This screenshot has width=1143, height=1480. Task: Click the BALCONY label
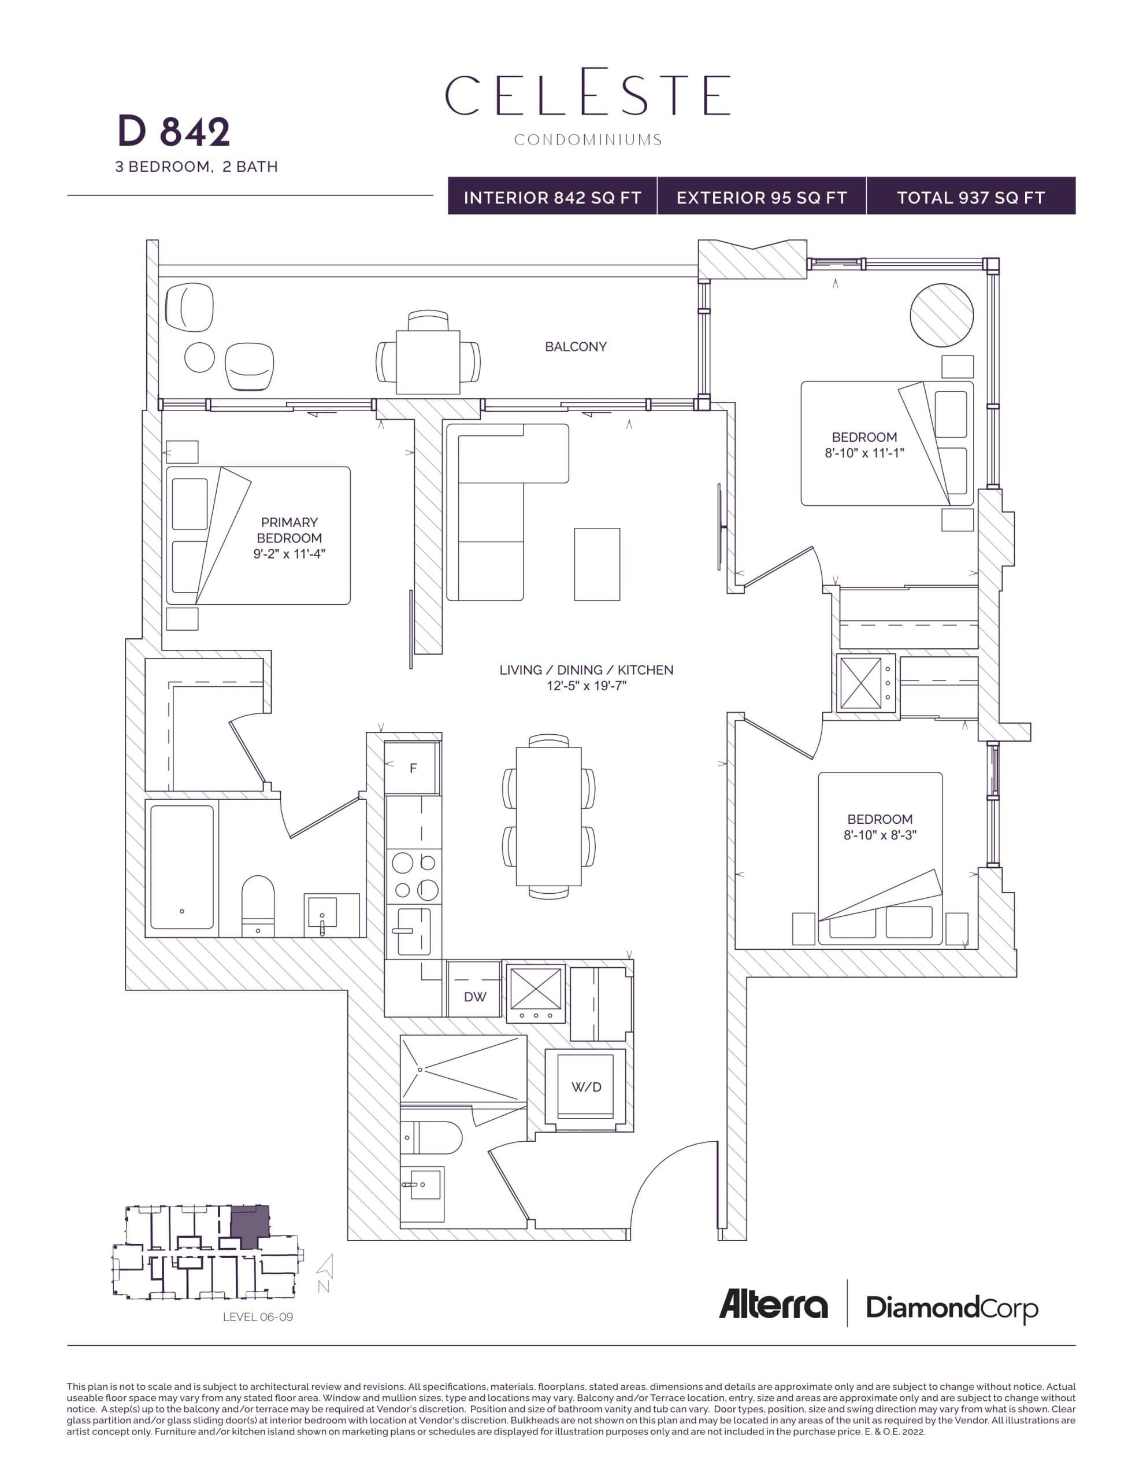pyautogui.click(x=575, y=346)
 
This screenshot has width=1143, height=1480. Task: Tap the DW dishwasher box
pyautogui.click(x=474, y=997)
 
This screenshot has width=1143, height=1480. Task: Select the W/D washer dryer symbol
pyautogui.click(x=585, y=1087)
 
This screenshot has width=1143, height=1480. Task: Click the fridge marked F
pyautogui.click(x=413, y=768)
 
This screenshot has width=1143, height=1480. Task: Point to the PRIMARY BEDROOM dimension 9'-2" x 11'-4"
pyautogui.click(x=290, y=554)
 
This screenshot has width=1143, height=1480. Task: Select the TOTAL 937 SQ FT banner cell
pyautogui.click(x=970, y=197)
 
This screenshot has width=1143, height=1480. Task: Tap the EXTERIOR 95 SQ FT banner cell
pyautogui.click(x=761, y=197)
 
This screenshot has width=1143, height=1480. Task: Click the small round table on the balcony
pyautogui.click(x=199, y=357)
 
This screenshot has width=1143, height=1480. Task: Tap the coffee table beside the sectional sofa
pyautogui.click(x=596, y=564)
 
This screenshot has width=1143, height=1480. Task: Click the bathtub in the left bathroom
pyautogui.click(x=181, y=867)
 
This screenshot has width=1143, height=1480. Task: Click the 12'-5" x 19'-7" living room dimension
pyautogui.click(x=586, y=686)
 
